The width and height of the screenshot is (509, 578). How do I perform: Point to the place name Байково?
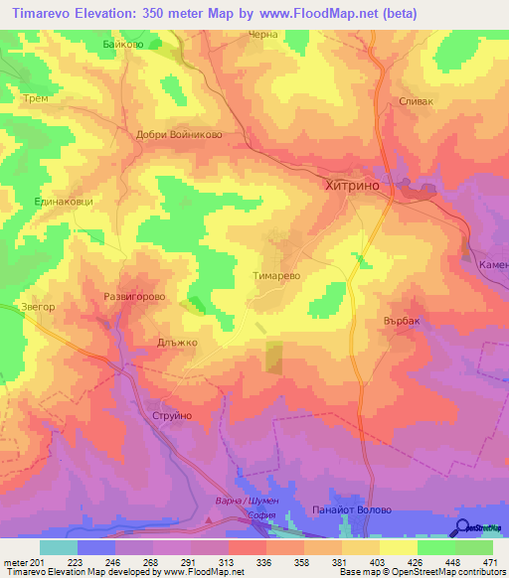122,45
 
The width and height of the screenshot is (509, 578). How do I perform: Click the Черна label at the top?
261,34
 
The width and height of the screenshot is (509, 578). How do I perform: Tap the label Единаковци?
65,202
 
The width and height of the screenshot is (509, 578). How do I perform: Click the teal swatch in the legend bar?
58,547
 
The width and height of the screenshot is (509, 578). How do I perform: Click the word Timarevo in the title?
48,13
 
